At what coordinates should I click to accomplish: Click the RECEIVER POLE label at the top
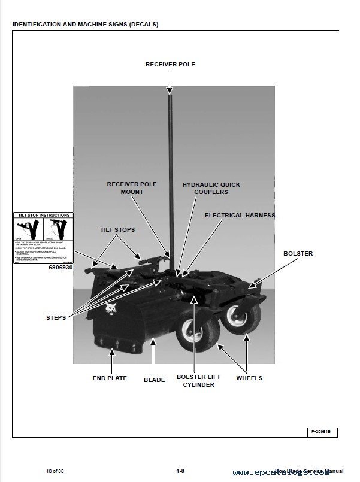pos(170,65)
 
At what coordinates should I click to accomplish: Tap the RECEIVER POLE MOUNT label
pos(131,188)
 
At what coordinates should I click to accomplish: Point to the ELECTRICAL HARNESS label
pos(240,215)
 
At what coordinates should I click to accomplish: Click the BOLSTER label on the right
pos(298,254)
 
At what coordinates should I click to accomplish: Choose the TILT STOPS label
pos(117,230)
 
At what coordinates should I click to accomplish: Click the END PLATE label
pos(110,378)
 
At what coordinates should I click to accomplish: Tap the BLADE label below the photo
pos(154,380)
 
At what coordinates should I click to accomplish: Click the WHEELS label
pos(249,378)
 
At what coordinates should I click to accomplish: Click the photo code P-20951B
pos(324,431)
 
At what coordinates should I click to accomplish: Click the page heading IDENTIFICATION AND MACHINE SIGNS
pos(85,25)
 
